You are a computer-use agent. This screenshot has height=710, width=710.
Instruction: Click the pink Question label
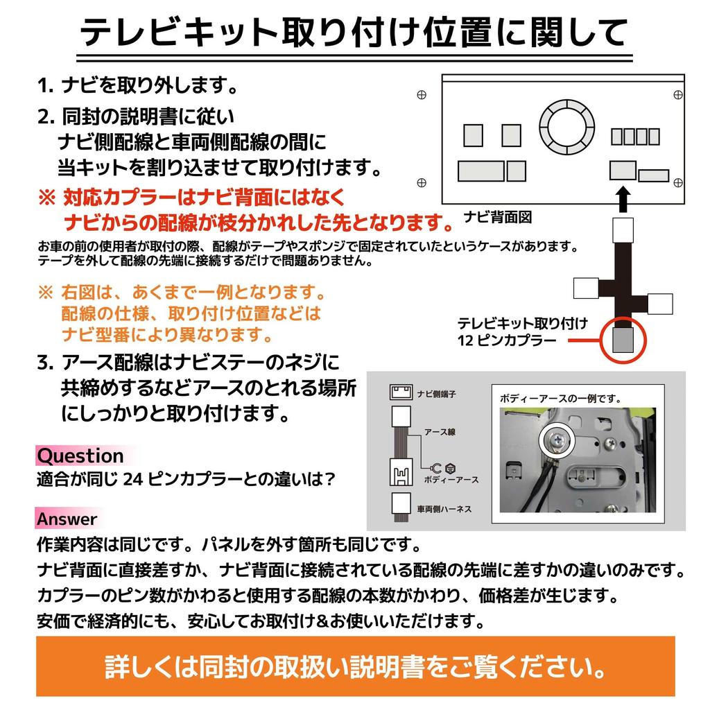[80, 456]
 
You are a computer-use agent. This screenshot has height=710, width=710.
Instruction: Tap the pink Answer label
[67, 519]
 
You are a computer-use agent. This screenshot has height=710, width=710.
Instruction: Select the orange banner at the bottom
[355, 666]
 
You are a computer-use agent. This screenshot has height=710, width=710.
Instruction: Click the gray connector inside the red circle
[623, 340]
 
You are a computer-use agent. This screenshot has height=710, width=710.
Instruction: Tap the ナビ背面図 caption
[498, 218]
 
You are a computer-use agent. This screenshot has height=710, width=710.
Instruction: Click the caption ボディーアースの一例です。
[560, 399]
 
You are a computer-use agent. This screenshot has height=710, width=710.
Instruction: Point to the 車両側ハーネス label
[444, 508]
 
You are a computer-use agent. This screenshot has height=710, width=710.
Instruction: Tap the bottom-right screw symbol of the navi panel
[678, 182]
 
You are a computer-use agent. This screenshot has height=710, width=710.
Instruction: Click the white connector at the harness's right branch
[661, 304]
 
